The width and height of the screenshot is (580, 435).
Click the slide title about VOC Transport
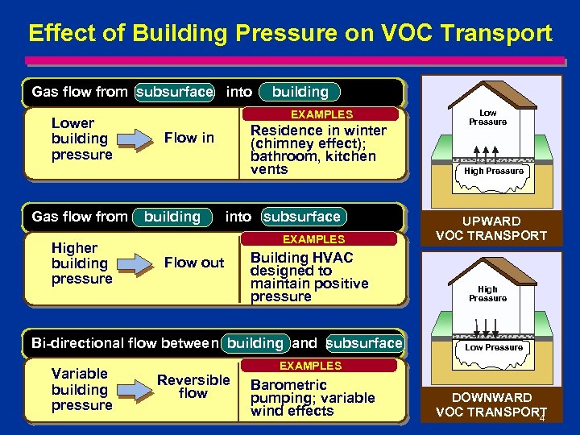pos(290,33)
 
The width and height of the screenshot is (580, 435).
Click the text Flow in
pos(189,138)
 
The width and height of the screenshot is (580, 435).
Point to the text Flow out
pos(194,263)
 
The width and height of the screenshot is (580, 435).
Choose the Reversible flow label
pos(193,387)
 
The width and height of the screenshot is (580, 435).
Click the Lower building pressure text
pos(81,139)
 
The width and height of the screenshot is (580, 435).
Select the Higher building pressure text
pos(81,263)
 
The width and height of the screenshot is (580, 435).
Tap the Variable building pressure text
pos(81,389)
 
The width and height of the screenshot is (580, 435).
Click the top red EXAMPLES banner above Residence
pos(321,114)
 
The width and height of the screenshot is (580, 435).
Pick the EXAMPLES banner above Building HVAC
pos(313,239)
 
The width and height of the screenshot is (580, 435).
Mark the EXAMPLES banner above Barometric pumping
pos(310,365)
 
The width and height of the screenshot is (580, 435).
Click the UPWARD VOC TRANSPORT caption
pos(491,228)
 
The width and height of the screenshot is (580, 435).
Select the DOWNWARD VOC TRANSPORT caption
pos(491,404)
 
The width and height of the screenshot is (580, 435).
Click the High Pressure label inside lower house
pos(488,293)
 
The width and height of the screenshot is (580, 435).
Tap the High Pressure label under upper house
pos(493,171)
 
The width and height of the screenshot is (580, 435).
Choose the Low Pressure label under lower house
pos(493,347)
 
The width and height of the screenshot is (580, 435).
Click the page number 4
pos(542,418)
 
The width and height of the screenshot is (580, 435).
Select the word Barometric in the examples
pos(288,384)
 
